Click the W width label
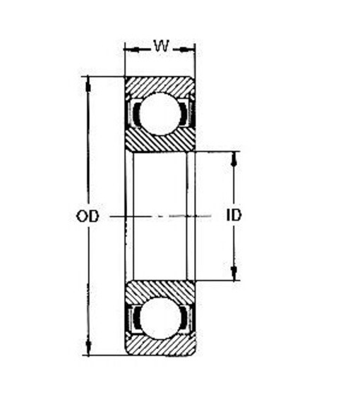(161, 47)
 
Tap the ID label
(234, 215)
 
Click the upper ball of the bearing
(160, 113)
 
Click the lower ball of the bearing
(160, 318)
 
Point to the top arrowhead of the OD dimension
(88, 82)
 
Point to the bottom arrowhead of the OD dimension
(88, 349)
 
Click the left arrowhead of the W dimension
(130, 49)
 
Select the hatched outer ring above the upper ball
(160, 83)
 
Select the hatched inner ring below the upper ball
(160, 142)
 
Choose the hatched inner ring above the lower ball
(160, 288)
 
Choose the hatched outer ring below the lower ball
(160, 347)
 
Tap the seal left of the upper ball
(132, 113)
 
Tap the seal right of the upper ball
(187, 113)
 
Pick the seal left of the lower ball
(132, 318)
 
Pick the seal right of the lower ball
(187, 318)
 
